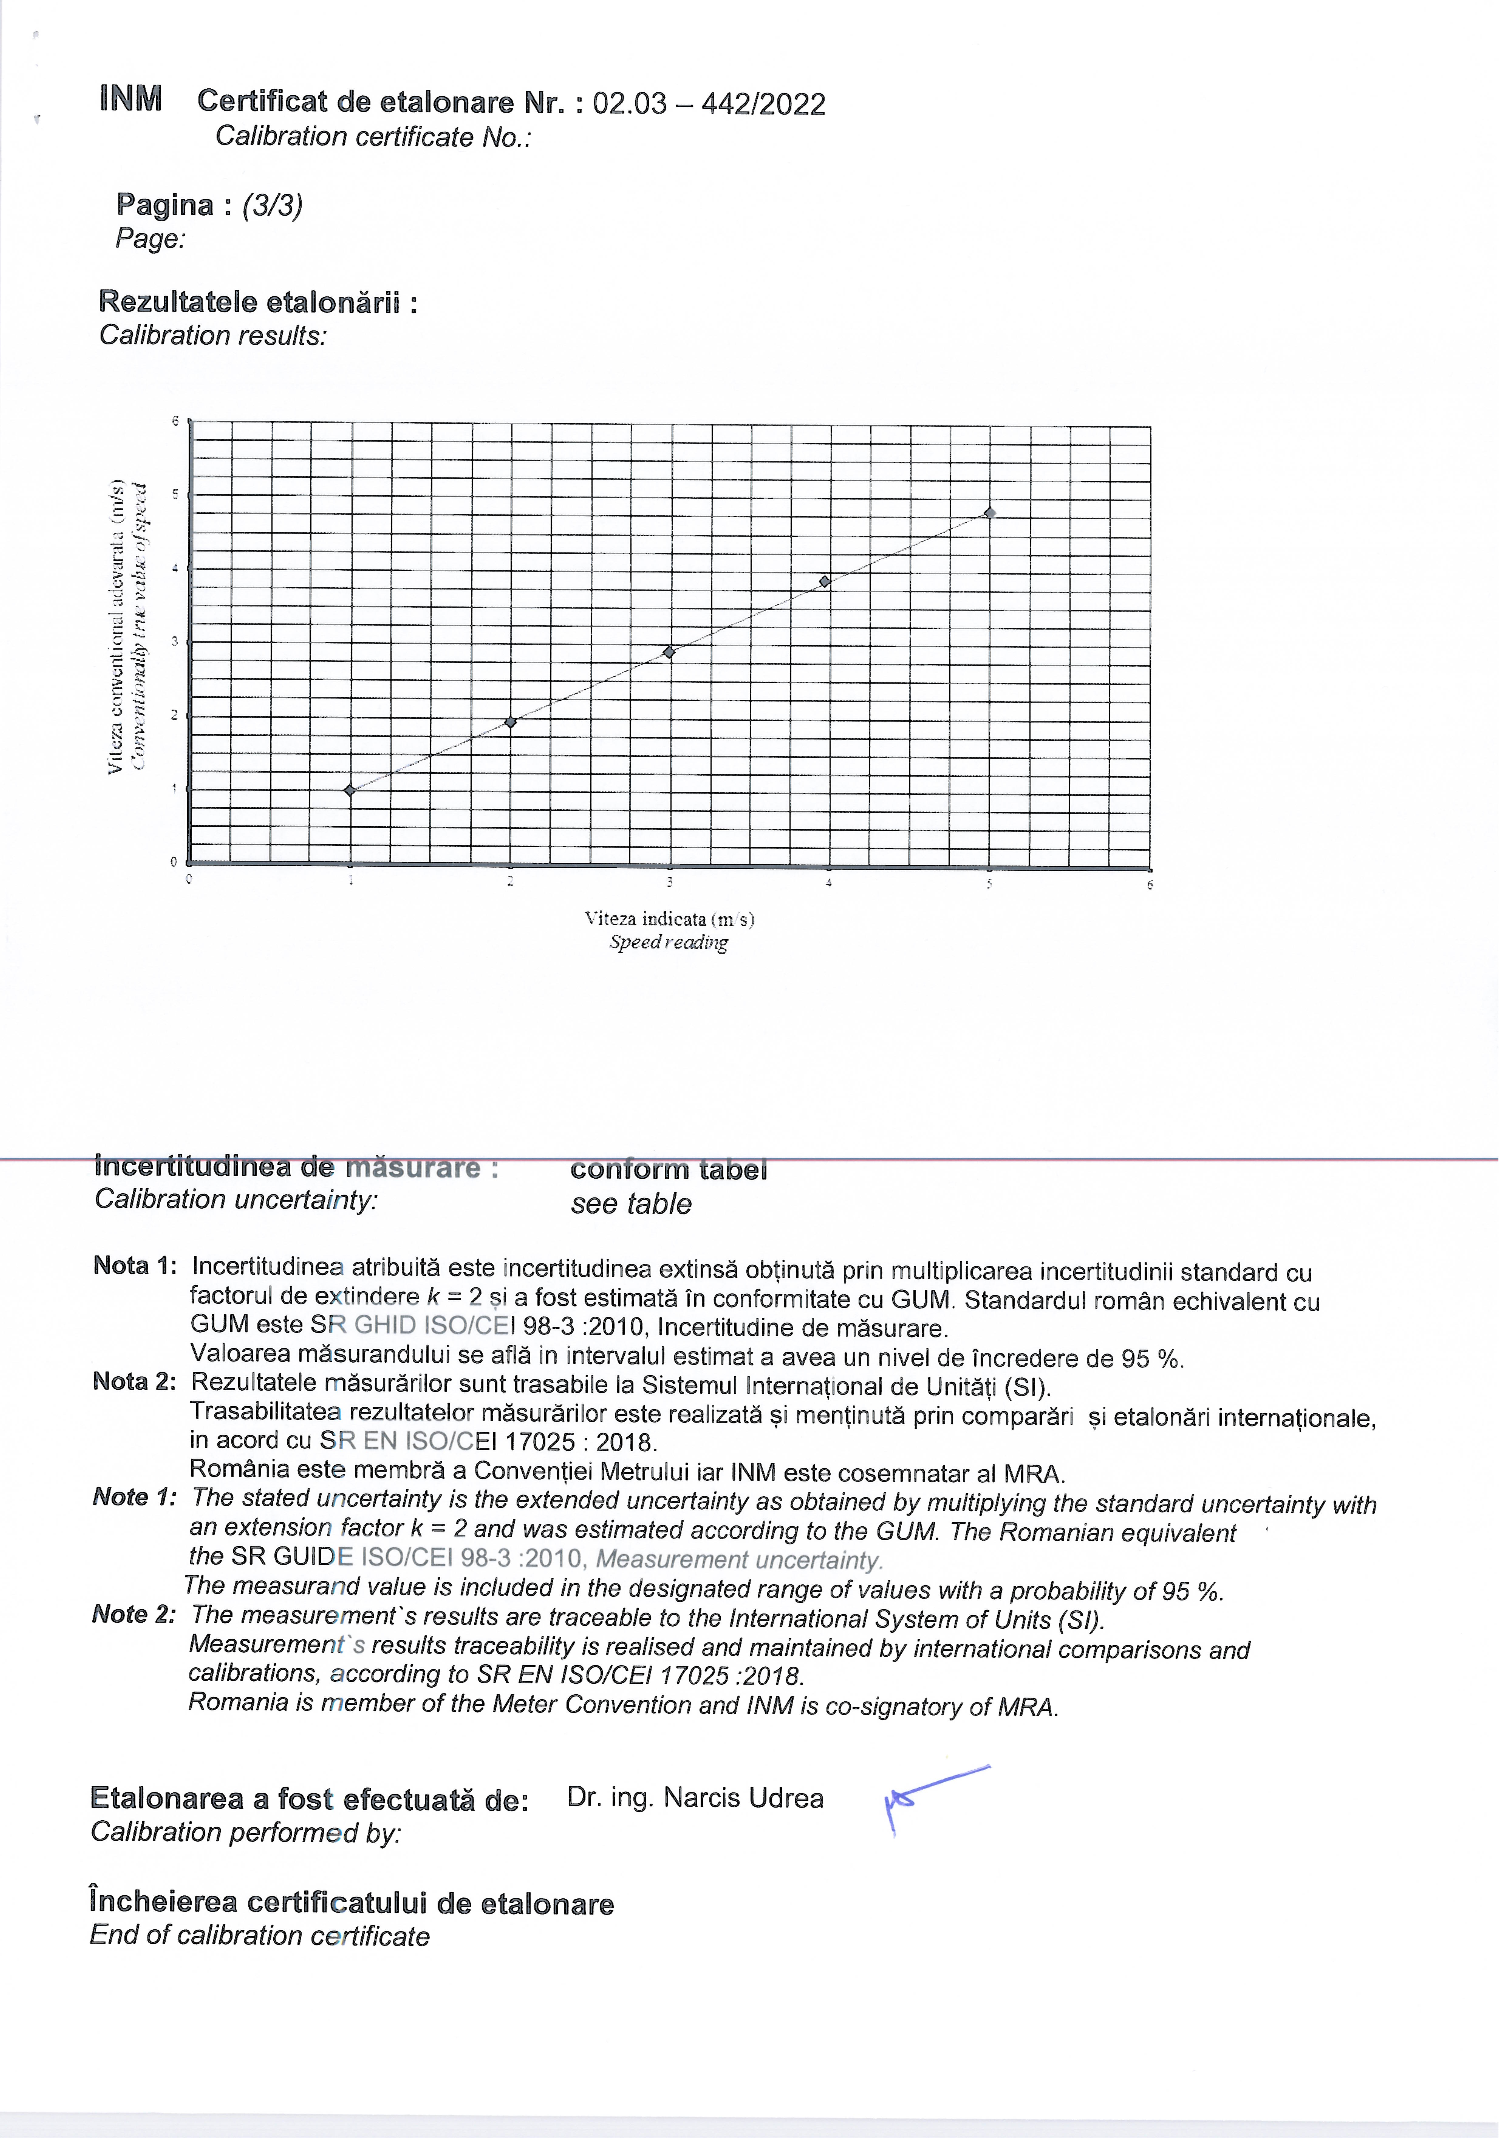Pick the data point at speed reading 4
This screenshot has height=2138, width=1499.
(825, 582)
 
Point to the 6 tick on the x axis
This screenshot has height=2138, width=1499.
(1150, 885)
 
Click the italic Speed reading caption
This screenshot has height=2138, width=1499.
(668, 942)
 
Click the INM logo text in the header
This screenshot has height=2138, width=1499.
(131, 99)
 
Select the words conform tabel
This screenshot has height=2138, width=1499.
(668, 1170)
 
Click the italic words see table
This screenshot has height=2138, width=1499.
(631, 1204)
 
